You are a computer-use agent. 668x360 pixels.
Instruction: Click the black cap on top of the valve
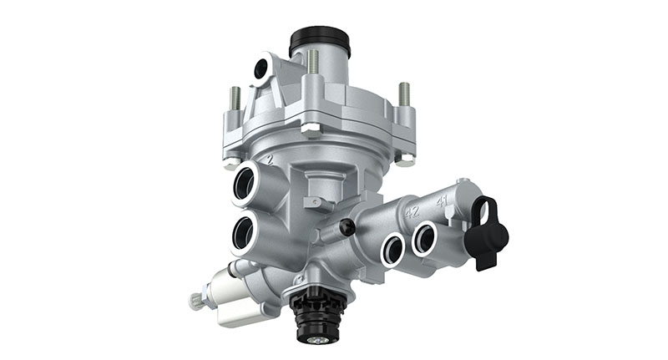click(319, 40)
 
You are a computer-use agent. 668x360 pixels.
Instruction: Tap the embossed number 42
click(412, 211)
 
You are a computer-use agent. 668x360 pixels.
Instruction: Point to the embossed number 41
click(442, 200)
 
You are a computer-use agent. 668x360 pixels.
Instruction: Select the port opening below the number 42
click(392, 246)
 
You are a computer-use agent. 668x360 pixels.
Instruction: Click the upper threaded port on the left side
click(246, 182)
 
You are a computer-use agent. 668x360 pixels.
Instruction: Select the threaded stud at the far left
click(235, 99)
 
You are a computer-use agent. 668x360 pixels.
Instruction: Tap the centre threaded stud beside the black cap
click(313, 63)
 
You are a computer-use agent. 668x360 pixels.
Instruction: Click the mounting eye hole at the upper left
click(261, 68)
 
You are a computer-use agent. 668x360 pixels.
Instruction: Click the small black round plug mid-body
click(347, 226)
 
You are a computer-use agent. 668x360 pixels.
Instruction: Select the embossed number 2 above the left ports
click(268, 159)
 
